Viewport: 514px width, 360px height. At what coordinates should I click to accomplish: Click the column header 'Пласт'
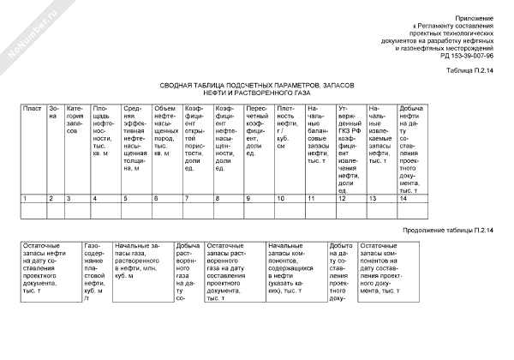click(x=33, y=109)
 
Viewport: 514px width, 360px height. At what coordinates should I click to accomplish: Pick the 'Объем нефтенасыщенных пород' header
click(x=166, y=128)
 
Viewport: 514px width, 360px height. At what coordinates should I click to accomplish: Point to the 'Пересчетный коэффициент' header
click(x=259, y=128)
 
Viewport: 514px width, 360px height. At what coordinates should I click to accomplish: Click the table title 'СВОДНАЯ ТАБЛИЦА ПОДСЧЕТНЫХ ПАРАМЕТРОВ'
click(x=256, y=87)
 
